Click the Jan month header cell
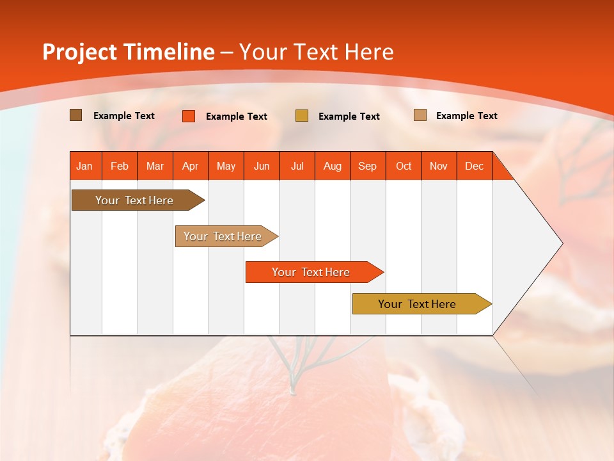point(85,166)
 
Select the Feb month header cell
point(120,166)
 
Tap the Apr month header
point(191,166)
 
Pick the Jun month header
point(262,166)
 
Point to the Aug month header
point(333,166)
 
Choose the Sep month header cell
point(368,166)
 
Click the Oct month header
point(404,166)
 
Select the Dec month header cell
point(475,166)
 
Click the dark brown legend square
point(76,115)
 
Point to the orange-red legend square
point(189,116)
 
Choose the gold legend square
point(302,116)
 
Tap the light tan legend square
point(420,115)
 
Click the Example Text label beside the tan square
point(466,116)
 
